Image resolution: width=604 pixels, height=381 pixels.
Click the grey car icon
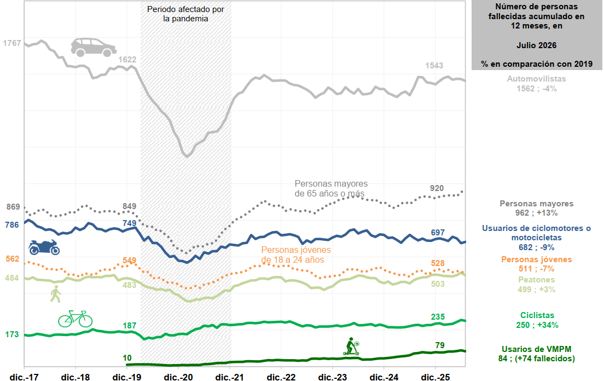94,48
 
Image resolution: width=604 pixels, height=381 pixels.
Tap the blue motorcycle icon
44,247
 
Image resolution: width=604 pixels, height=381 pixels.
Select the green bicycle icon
75,319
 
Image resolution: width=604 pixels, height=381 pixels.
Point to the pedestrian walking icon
56,294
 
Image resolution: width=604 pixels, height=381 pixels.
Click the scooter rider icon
351,347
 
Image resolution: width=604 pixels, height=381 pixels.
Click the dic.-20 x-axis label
178,377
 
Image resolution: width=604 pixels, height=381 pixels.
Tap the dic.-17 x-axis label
24,377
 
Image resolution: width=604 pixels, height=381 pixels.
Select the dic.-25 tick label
435,377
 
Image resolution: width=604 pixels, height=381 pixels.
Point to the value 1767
12,43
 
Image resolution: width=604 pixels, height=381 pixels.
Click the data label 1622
127,59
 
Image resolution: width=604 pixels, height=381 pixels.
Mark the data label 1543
434,66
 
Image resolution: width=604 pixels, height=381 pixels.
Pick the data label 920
437,188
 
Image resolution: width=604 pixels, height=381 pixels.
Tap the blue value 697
438,232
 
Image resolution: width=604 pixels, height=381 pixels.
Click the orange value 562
13,258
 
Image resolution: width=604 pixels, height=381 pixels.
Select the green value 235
438,316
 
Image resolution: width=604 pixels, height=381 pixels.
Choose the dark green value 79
440,345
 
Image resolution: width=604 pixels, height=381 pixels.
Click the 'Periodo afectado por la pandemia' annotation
185,14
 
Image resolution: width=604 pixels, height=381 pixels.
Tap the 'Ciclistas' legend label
537,315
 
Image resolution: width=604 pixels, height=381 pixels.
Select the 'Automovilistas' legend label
536,79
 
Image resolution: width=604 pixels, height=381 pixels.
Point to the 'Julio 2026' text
536,45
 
